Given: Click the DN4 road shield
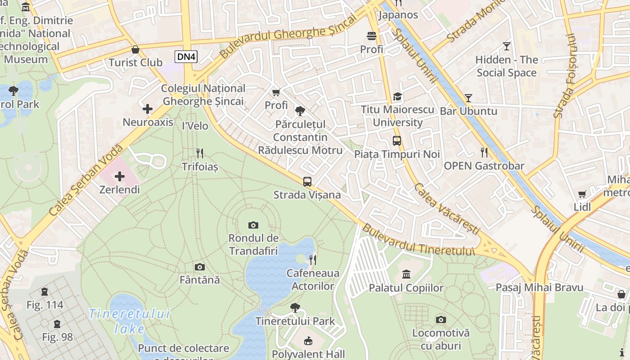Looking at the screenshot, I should click(186, 56).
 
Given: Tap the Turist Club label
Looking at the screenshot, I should click(135, 63).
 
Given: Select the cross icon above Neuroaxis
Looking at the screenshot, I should click(148, 109).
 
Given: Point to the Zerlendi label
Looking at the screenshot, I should click(119, 189).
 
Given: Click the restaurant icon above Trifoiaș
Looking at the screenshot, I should click(200, 153).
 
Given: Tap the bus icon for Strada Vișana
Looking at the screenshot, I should click(307, 182).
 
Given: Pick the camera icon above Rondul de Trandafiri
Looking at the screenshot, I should click(253, 225).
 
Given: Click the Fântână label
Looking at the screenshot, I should click(200, 280).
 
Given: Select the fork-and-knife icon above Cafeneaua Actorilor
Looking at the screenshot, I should click(313, 260).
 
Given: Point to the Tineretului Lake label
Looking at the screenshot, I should click(129, 321).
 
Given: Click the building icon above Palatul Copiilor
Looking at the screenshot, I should click(406, 274).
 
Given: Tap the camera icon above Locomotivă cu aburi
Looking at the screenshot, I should click(441, 319).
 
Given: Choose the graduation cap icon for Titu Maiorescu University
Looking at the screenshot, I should click(397, 96).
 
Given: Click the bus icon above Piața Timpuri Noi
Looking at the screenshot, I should click(397, 141).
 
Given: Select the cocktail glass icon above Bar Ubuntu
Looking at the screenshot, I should click(468, 98).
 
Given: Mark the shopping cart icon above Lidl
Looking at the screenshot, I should click(582, 194).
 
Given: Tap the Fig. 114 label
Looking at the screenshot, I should click(45, 305).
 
